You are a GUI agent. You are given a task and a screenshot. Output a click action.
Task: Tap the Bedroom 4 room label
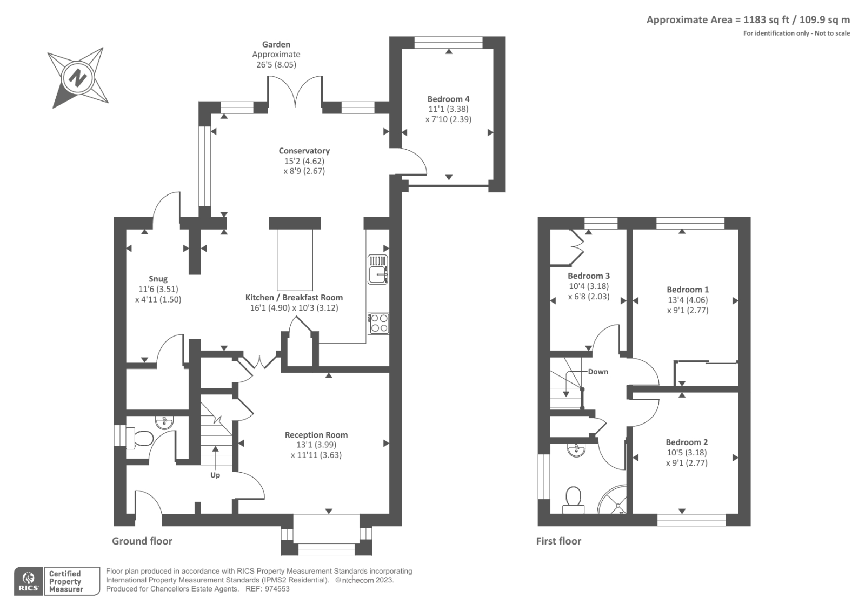click(x=448, y=99)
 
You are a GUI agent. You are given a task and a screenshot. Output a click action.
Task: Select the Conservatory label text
click(x=304, y=151)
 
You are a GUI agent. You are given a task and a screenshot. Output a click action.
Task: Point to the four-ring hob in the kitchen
click(x=378, y=323)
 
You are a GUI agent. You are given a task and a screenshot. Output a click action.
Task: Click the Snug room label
click(x=158, y=279)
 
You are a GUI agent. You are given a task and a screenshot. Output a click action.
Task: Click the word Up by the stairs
click(x=215, y=475)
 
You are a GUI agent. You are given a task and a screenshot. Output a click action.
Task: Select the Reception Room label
click(x=316, y=435)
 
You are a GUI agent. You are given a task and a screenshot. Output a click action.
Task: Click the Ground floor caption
click(x=142, y=541)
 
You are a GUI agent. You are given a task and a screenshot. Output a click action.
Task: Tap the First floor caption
click(x=558, y=541)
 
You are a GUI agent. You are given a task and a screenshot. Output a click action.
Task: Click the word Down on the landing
click(x=598, y=372)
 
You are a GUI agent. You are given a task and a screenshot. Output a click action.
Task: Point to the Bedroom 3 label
click(x=589, y=276)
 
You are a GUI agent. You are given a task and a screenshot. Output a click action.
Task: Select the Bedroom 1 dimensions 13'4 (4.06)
click(x=688, y=300)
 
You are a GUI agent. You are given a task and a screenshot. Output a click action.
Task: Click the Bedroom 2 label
click(x=687, y=442)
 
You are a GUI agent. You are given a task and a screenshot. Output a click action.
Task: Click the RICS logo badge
click(x=28, y=581)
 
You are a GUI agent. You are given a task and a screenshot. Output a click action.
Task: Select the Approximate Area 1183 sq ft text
click(x=748, y=20)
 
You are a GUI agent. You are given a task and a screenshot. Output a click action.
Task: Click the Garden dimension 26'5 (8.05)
click(x=276, y=64)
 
